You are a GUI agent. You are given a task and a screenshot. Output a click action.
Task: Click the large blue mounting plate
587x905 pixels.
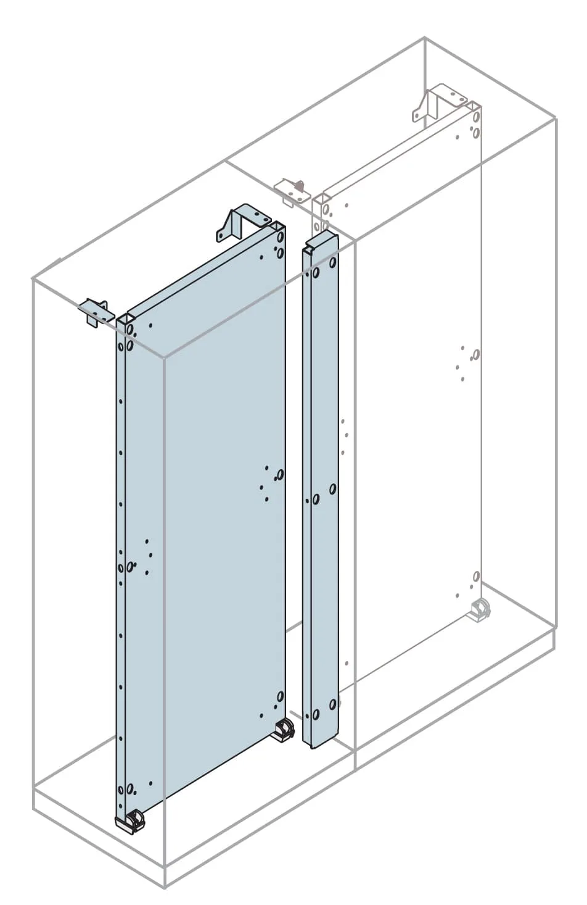(210, 525)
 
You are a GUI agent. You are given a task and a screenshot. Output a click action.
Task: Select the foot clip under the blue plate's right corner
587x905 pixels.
(285, 728)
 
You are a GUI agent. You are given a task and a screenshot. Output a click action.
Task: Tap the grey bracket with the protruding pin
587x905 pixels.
(292, 190)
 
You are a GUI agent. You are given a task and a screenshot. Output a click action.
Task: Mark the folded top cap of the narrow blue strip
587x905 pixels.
(319, 243)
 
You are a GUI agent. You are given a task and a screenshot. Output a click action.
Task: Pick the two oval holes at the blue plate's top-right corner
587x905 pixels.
(279, 244)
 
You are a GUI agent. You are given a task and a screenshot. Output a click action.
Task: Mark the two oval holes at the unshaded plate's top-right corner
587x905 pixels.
(475, 123)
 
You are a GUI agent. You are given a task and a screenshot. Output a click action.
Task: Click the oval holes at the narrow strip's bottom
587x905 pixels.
(324, 709)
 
